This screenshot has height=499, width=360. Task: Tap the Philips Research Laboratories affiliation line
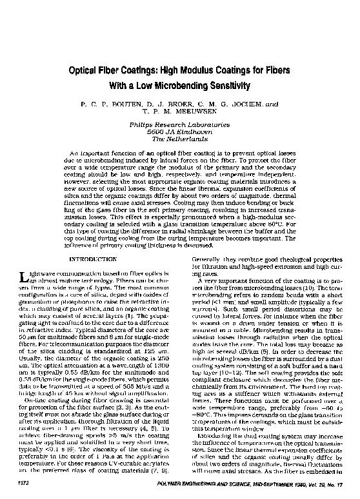[180, 122]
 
